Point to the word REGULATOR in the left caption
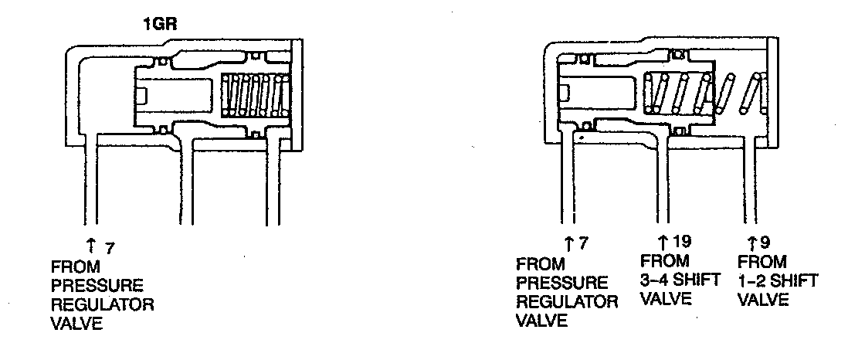102,304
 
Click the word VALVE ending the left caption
76,324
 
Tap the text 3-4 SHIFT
680,280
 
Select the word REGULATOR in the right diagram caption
567,301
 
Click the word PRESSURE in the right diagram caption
561,283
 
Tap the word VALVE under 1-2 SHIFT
763,299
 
